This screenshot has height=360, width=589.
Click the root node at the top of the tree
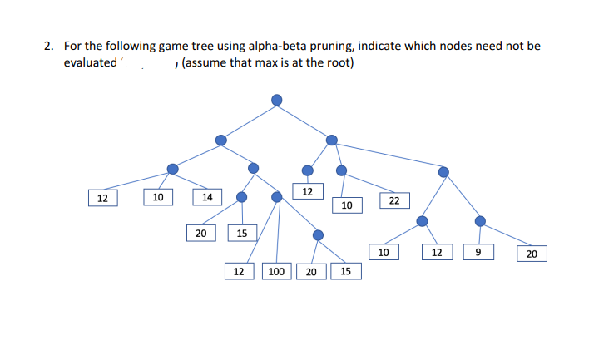coord(277,100)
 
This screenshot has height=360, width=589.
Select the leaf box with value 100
coord(276,271)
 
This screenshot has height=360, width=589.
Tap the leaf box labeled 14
coord(207,197)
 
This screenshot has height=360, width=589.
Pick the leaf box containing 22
coord(394,200)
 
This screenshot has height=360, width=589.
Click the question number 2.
coord(49,47)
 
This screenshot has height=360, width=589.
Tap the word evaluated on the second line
coord(90,63)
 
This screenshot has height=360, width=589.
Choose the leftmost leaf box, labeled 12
coord(101,198)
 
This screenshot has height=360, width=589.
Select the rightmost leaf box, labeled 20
coord(532,254)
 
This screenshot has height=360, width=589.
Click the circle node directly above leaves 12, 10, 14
coord(172,169)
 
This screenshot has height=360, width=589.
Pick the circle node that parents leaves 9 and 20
coord(479,220)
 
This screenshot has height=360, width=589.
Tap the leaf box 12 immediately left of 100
coord(239,271)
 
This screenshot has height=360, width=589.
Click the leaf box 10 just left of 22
coord(347,205)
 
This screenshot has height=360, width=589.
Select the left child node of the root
coord(220,140)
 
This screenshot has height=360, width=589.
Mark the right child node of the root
coord(332,139)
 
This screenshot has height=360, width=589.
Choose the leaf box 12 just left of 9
coord(436,251)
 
